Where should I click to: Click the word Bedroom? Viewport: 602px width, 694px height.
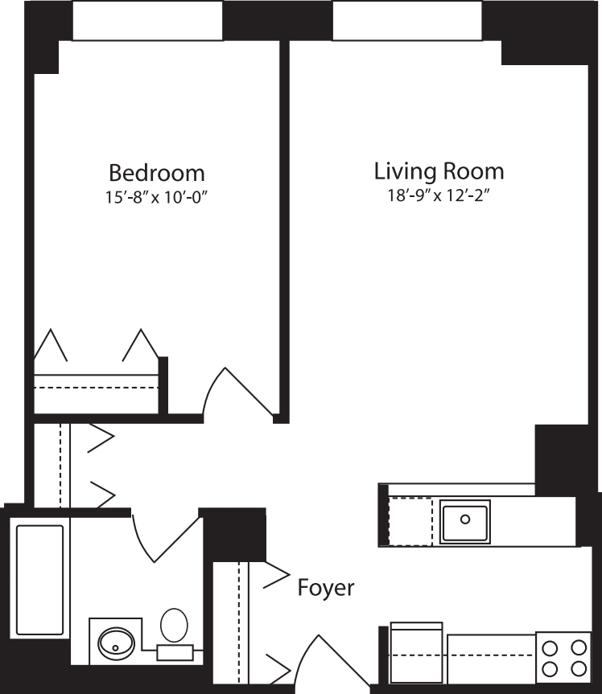click(157, 173)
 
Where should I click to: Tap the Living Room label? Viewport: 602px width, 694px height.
click(439, 171)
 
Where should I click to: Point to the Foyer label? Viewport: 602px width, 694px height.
click(326, 588)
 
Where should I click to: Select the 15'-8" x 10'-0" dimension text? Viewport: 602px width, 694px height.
click(157, 197)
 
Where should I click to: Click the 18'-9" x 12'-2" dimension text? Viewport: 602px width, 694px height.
click(439, 195)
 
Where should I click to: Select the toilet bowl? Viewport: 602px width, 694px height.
click(174, 624)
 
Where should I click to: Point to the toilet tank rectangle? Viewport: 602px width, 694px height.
click(175, 652)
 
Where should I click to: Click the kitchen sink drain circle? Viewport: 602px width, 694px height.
click(465, 519)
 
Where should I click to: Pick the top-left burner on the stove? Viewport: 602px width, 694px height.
click(550, 647)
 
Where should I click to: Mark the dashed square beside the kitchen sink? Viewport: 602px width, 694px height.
click(410, 522)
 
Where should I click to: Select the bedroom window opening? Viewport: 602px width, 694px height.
click(147, 20)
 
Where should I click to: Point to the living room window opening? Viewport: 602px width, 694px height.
click(407, 20)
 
